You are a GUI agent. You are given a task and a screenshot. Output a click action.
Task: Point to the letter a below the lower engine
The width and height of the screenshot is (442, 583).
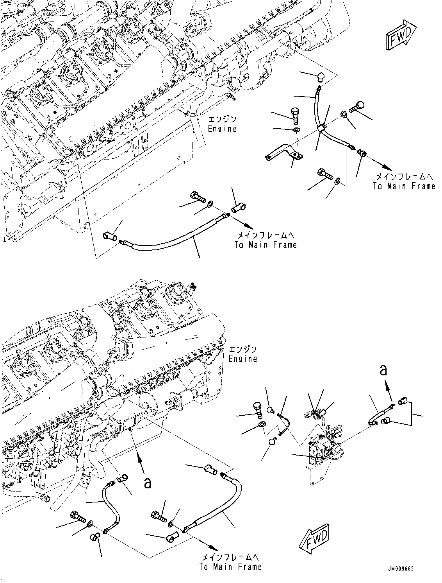point(147,484)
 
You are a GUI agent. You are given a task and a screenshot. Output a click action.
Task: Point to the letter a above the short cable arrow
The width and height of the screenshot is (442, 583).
point(384,370)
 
